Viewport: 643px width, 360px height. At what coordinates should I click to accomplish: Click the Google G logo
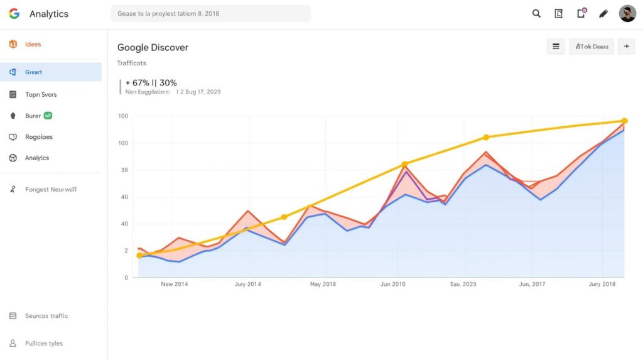click(x=14, y=14)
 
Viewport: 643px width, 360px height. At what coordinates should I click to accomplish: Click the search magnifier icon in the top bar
click(x=536, y=13)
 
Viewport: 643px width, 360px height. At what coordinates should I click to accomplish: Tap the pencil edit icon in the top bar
click(x=603, y=13)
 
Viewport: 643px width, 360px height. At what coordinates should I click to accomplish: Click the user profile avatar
click(x=627, y=13)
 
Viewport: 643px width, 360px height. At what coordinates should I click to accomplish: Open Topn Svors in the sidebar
click(x=41, y=95)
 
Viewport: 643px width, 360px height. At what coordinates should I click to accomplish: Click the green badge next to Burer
click(x=48, y=116)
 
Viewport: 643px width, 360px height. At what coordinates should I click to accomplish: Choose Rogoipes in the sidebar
click(x=39, y=137)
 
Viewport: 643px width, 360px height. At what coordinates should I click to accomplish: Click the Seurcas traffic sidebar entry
click(x=46, y=316)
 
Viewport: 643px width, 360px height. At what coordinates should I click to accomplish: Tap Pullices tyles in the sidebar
click(x=44, y=344)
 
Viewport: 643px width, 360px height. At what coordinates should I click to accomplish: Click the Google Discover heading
click(x=153, y=48)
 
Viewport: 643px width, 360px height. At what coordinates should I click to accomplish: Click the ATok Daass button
click(x=591, y=46)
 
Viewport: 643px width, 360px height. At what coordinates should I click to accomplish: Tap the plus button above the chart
click(x=626, y=46)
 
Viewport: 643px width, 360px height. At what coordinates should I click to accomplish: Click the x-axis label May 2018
click(x=323, y=284)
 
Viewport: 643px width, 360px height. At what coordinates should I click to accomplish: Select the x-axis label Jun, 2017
click(x=532, y=284)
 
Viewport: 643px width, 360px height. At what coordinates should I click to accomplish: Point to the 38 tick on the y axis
click(x=124, y=170)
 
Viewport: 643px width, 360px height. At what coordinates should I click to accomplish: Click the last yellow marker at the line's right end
click(x=624, y=121)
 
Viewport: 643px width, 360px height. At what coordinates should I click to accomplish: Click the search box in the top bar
click(x=210, y=14)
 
